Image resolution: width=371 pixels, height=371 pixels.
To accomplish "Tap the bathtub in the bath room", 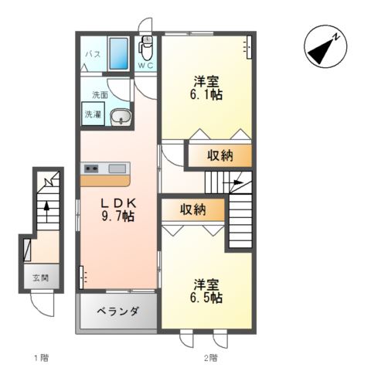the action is click(x=118, y=53).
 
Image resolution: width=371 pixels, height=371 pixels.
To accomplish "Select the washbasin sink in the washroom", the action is click(x=121, y=117).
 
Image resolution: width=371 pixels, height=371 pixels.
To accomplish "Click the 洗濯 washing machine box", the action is click(x=93, y=114).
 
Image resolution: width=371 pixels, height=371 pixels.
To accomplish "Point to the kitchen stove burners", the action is click(x=92, y=168).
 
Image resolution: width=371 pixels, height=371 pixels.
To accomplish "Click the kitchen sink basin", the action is click(x=117, y=168).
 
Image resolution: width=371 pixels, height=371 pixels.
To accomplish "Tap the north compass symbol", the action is click(x=325, y=46).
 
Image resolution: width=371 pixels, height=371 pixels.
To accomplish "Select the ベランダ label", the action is click(x=118, y=311).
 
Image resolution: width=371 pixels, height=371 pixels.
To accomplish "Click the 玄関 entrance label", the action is click(x=41, y=277).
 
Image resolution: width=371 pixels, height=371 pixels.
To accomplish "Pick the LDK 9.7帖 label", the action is click(x=118, y=210).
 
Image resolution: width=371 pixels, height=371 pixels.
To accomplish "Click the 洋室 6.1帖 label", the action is click(x=206, y=88).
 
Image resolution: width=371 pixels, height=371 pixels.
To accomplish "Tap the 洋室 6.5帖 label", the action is click(x=206, y=291).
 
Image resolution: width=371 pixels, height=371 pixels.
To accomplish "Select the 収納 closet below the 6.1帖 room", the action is click(x=220, y=155).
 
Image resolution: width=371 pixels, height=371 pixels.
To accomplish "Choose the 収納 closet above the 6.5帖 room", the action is click(x=192, y=209).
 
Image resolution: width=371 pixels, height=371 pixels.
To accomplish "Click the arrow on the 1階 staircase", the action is click(x=46, y=212).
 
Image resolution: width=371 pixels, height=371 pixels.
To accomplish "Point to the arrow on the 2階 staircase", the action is click(x=233, y=182).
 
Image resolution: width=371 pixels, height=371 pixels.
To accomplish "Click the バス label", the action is click(x=93, y=54).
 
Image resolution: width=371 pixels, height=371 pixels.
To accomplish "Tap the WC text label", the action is click(x=145, y=66).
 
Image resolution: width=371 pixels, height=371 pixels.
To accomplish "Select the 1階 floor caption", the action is click(x=41, y=358).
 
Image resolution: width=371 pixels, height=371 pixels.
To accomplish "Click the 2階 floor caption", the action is click(x=211, y=358).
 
